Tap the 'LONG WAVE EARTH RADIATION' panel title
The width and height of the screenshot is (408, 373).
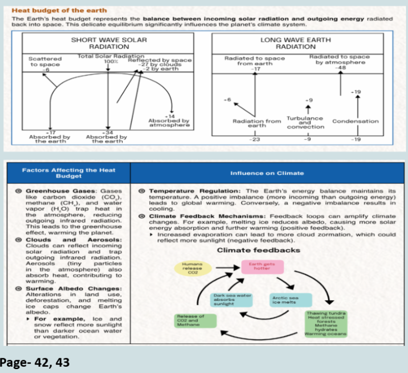click(x=296, y=43)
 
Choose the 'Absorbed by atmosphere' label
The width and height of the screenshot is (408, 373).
click(x=168, y=122)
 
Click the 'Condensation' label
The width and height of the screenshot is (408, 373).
click(x=355, y=121)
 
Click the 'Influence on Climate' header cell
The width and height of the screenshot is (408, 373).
click(x=267, y=173)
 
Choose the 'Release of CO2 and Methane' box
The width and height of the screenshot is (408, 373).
click(x=196, y=321)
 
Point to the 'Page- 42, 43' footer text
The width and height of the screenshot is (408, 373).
click(x=35, y=363)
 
